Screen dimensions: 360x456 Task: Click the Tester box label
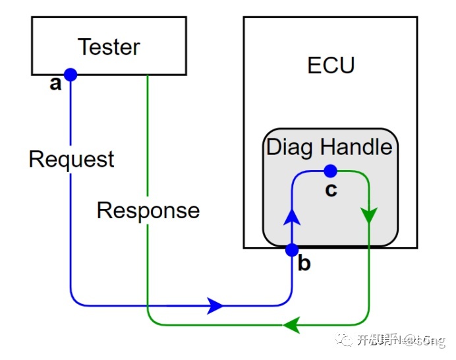pyautogui.click(x=109, y=47)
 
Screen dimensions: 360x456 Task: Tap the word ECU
pyautogui.click(x=331, y=65)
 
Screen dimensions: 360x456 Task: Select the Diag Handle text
pyautogui.click(x=329, y=146)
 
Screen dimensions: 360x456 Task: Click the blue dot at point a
pyautogui.click(x=70, y=75)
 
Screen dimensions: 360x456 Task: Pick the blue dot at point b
pyautogui.click(x=291, y=250)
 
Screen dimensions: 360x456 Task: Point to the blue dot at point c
pyautogui.click(x=330, y=171)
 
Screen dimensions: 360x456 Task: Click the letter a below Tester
pyautogui.click(x=56, y=84)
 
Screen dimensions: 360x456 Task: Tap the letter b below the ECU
pyautogui.click(x=304, y=264)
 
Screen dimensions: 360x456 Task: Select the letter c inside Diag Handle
pyautogui.click(x=331, y=190)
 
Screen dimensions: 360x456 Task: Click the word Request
pyautogui.click(x=71, y=159)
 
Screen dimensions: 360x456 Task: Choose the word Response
pyautogui.click(x=148, y=210)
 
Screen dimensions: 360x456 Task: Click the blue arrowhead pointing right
pyautogui.click(x=215, y=306)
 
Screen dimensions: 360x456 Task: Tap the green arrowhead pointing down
pyautogui.click(x=368, y=216)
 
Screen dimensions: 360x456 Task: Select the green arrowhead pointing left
pyautogui.click(x=290, y=325)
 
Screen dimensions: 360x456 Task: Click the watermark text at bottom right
pyautogui.click(x=402, y=340)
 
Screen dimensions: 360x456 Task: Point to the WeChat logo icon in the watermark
pyautogui.click(x=344, y=340)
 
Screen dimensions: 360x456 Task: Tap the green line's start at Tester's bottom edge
pyautogui.click(x=147, y=75)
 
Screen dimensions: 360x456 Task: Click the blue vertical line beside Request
pyautogui.click(x=70, y=198)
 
